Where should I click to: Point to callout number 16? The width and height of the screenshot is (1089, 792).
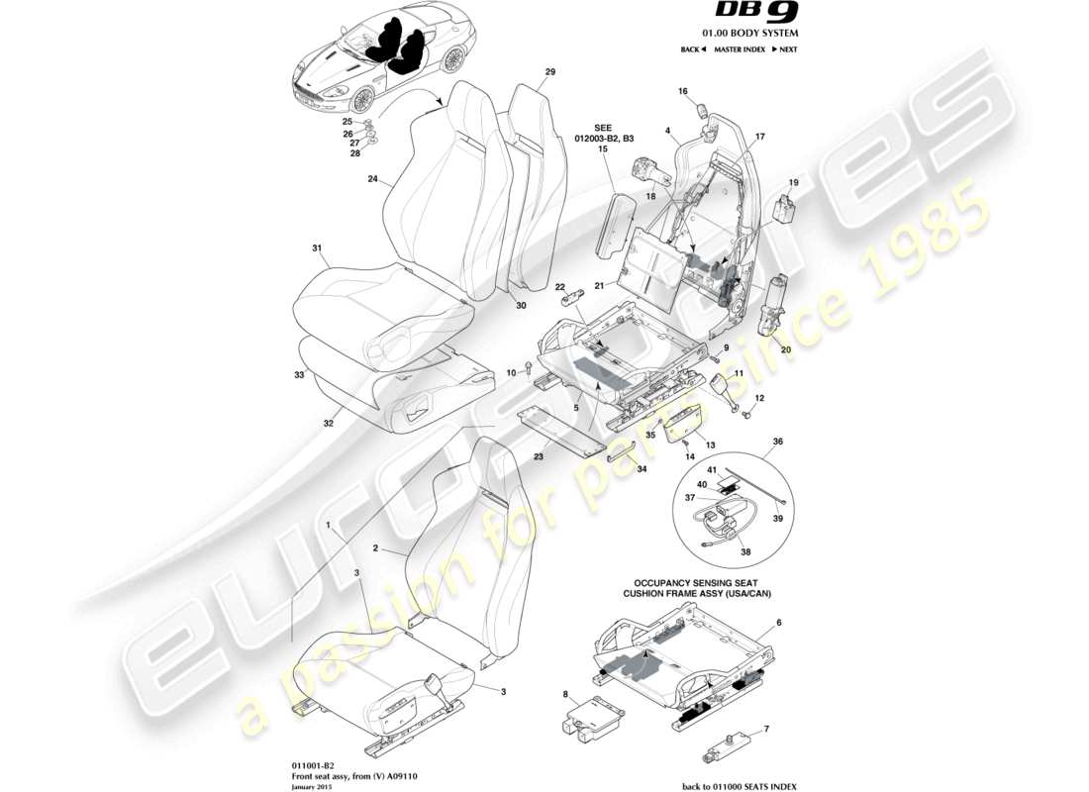[x=682, y=91]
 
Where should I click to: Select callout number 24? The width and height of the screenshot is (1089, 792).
[x=372, y=180]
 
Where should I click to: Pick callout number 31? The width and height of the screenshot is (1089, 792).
[x=317, y=247]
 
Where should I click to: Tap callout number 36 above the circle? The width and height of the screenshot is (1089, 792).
[x=777, y=442]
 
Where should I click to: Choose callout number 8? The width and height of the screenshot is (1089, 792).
[x=564, y=695]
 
